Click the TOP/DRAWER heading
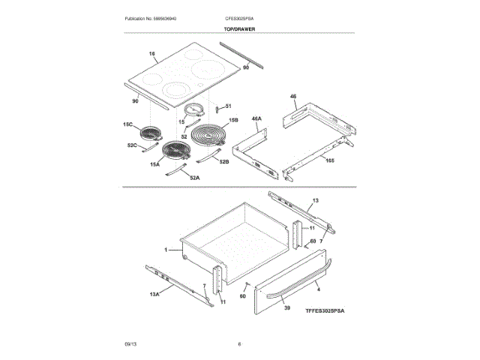(240, 28)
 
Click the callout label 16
(151, 54)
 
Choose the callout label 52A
(193, 178)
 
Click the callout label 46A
(256, 118)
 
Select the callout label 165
(329, 160)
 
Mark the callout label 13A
(154, 295)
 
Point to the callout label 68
(313, 241)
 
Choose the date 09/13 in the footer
(130, 343)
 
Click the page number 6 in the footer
(239, 343)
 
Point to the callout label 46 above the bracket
(293, 97)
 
